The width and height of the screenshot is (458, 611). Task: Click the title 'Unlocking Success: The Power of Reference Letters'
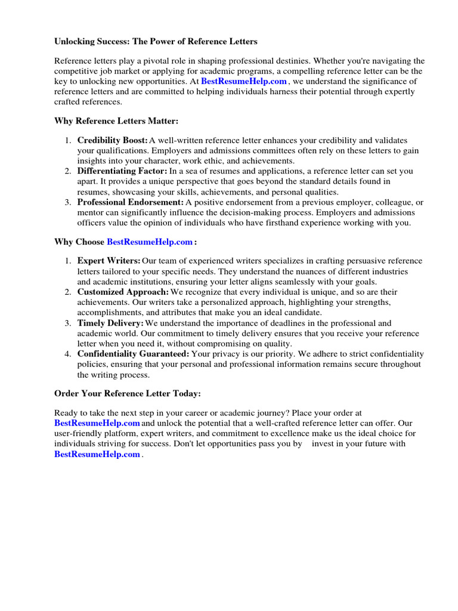[x=156, y=41]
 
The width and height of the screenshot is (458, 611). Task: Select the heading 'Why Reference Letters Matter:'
[x=116, y=121]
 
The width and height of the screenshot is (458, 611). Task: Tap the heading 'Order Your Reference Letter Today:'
[x=128, y=393]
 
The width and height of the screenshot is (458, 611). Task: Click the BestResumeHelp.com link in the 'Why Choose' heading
[x=150, y=242]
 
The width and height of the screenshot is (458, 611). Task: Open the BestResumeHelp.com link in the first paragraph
[x=245, y=81]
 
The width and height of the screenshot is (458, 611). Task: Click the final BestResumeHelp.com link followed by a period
[x=97, y=454]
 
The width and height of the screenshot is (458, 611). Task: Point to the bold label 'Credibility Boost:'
[x=112, y=140]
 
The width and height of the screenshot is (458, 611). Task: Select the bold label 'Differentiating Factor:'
[x=122, y=171]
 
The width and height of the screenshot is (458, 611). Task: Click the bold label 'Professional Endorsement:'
[x=130, y=202]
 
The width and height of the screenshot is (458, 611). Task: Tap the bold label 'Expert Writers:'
[x=109, y=261]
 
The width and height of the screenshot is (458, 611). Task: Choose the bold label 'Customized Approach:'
[x=123, y=292]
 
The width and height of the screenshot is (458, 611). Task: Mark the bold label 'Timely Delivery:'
[x=110, y=323]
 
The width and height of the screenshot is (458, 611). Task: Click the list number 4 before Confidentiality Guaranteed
[x=67, y=354]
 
